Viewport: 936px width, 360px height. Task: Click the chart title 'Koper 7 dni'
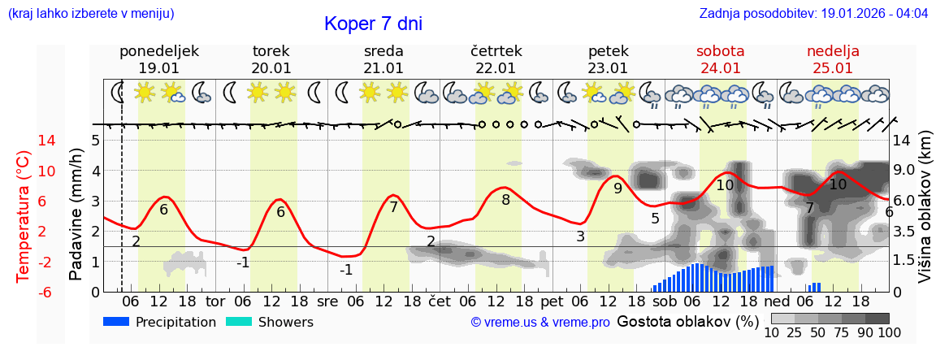click(x=373, y=24)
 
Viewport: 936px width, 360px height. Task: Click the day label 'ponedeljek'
click(x=159, y=51)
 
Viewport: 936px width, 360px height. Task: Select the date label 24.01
click(x=721, y=68)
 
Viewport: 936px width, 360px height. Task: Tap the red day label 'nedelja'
click(x=833, y=51)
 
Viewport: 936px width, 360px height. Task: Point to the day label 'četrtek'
click(x=496, y=51)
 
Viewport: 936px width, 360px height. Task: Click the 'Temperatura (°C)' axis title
click(x=24, y=216)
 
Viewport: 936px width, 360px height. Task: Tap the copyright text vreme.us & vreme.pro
click(x=540, y=323)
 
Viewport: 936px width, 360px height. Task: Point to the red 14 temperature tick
click(x=24, y=141)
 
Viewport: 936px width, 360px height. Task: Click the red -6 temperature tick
click(x=23, y=292)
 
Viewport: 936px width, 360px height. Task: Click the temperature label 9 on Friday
click(x=617, y=189)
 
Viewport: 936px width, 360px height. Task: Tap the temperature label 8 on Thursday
click(x=505, y=199)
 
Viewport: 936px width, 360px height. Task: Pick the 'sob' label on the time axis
click(x=665, y=301)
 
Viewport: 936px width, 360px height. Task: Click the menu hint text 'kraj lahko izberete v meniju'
click(x=91, y=14)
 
